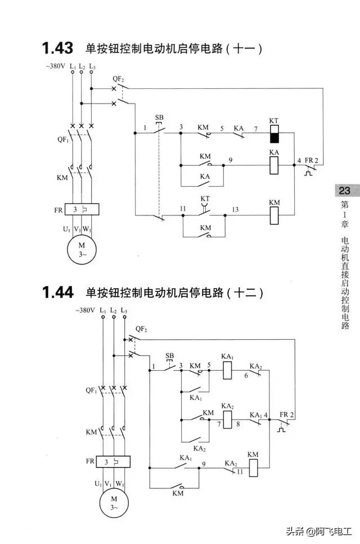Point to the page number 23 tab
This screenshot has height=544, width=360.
(x=344, y=191)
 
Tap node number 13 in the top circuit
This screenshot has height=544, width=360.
(x=235, y=209)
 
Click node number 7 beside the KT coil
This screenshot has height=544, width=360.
(x=255, y=129)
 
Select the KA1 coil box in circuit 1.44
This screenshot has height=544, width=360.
(x=228, y=370)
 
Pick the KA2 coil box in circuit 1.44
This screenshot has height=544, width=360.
(x=228, y=419)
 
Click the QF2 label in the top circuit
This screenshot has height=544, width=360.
(x=119, y=78)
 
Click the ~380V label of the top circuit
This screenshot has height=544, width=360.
(x=55, y=67)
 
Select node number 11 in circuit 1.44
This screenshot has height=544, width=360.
(x=240, y=473)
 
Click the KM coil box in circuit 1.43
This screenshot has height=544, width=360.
(x=274, y=215)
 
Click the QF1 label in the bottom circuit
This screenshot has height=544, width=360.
(x=91, y=390)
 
